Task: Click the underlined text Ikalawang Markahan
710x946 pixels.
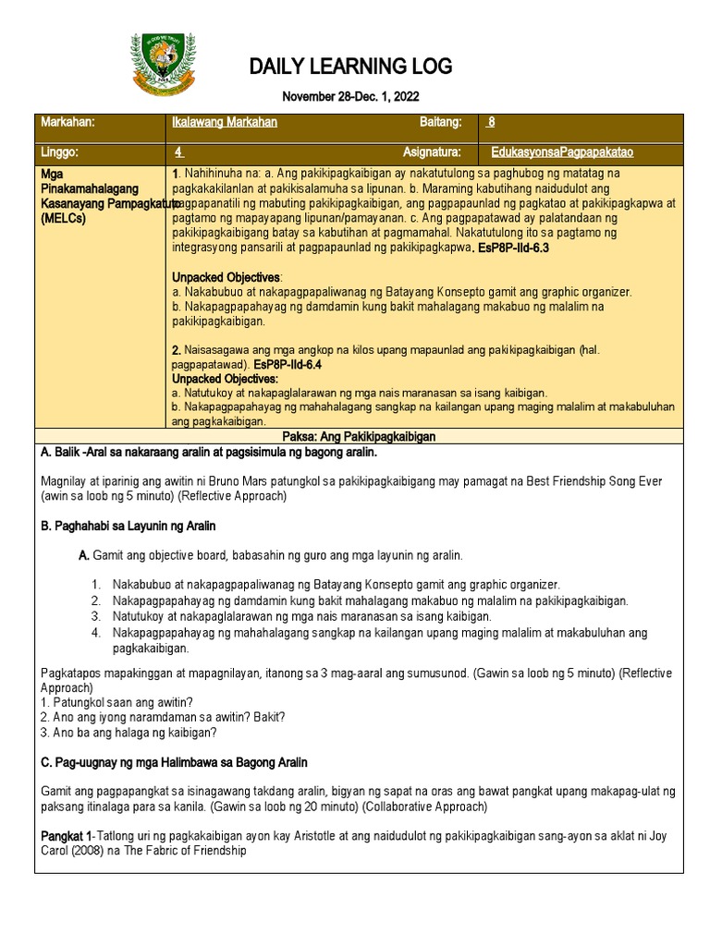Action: [225, 123]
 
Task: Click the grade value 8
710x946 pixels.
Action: [492, 123]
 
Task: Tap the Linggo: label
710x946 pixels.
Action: [60, 152]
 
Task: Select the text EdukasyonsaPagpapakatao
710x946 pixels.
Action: [561, 152]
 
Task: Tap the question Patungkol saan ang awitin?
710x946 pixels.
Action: [120, 703]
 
